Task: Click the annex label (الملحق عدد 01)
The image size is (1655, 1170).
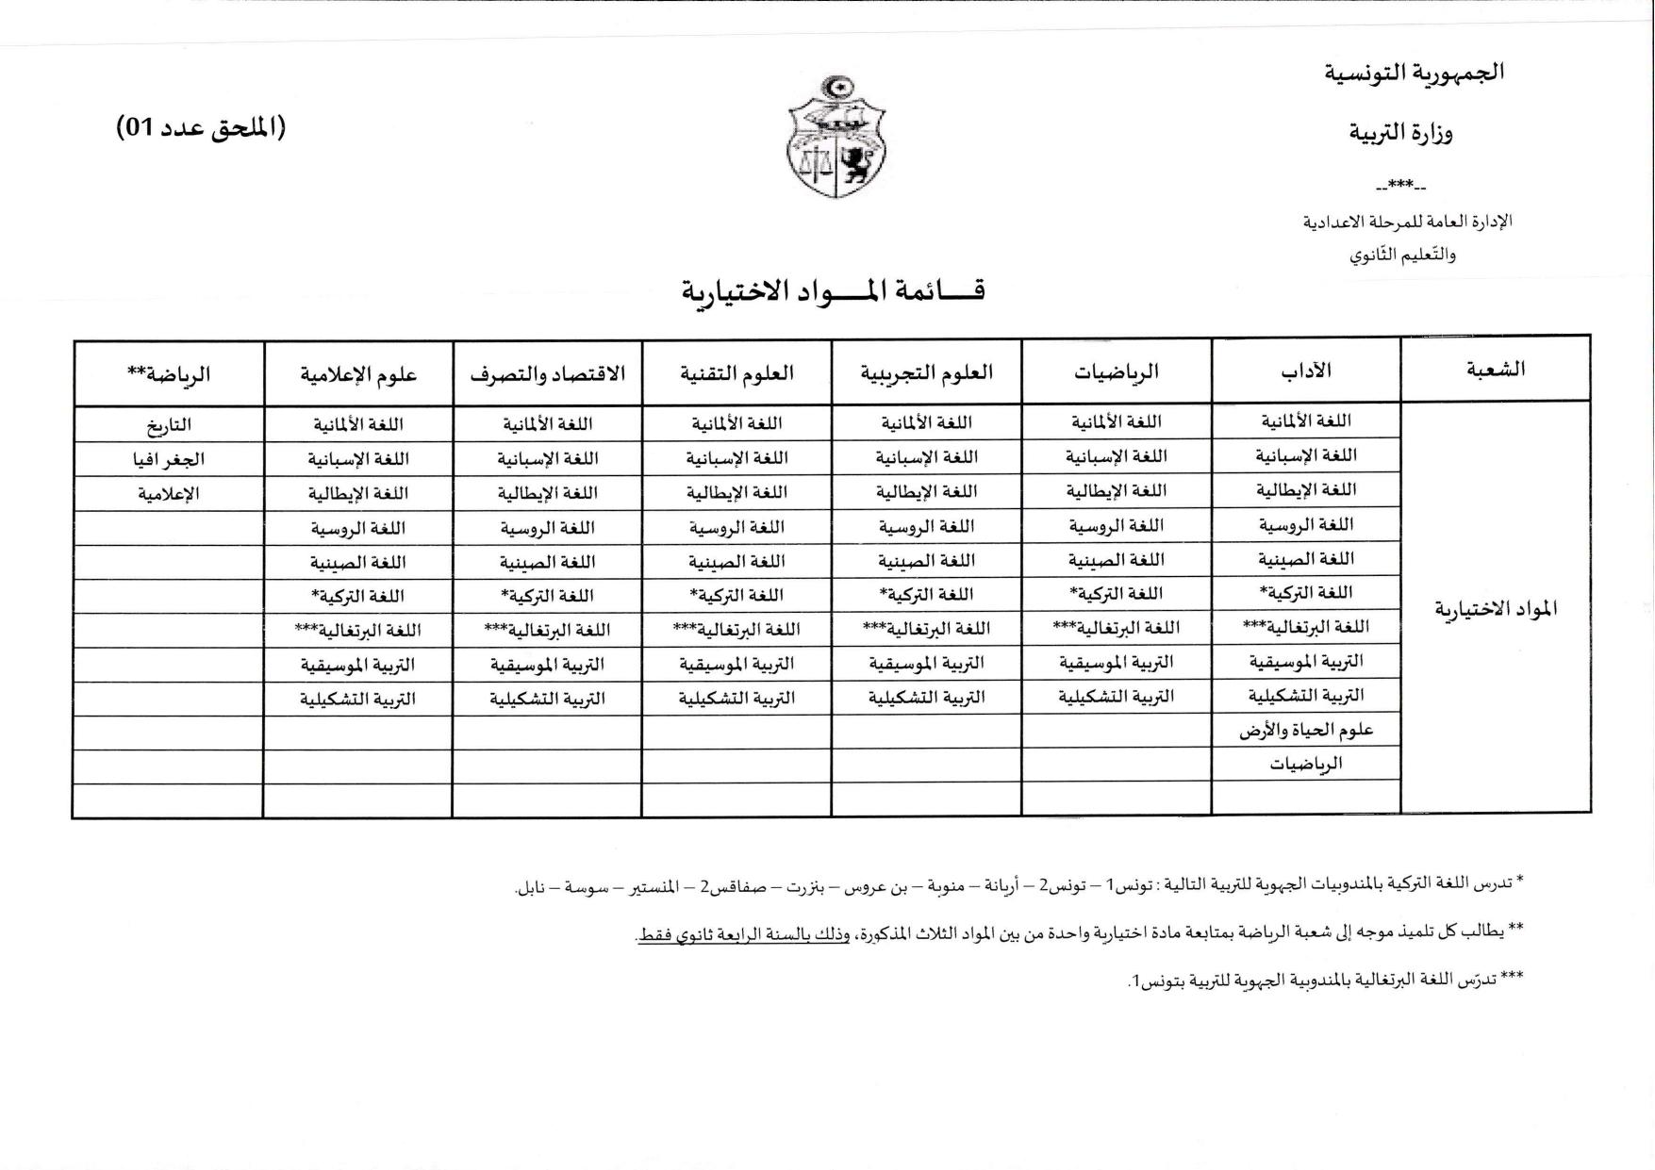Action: point(200,128)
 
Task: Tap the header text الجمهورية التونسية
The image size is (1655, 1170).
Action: point(1414,73)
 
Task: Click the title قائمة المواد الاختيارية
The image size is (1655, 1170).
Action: point(833,290)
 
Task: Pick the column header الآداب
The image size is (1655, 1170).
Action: point(1306,371)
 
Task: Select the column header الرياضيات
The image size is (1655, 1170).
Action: point(1116,372)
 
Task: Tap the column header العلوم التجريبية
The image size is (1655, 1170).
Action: point(926,372)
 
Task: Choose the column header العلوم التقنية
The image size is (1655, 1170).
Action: point(736,373)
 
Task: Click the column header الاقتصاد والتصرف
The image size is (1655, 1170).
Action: point(547,373)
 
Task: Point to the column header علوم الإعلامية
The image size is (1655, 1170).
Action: point(358,374)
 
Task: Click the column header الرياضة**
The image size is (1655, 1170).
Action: point(169,374)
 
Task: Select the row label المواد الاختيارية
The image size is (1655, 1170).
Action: point(1496,608)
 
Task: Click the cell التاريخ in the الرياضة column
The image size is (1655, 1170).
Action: point(170,425)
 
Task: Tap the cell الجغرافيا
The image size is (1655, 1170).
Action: point(170,460)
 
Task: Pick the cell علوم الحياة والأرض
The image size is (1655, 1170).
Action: point(1306,730)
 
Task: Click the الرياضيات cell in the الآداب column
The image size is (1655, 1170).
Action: point(1306,764)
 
